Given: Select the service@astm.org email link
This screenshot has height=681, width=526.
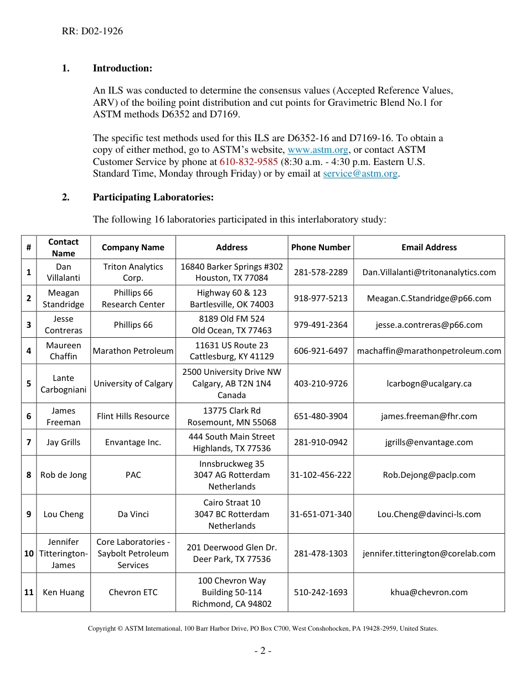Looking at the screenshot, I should coord(360,173).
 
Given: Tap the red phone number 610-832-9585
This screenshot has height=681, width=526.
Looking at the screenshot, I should coord(249,162).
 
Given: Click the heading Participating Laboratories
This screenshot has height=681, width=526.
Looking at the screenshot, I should coord(153,197).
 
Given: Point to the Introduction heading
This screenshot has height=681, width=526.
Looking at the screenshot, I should coord(122,68).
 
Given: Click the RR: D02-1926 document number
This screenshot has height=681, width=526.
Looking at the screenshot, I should coord(92,31).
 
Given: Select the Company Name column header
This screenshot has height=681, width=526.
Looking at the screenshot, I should coord(133,247).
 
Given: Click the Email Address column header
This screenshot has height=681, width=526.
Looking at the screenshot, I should coord(429,247).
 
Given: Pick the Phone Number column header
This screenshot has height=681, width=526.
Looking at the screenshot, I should coord(321,247).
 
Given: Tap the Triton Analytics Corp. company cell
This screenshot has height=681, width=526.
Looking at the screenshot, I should coord(133,272).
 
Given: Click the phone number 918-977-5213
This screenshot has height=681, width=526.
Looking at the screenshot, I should coord(321,298).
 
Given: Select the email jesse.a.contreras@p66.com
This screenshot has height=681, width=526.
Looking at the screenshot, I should coord(429,325).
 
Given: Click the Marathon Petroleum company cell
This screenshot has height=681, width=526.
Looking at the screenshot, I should coord(133,351).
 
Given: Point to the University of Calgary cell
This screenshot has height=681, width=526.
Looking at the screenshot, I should coord(133,384).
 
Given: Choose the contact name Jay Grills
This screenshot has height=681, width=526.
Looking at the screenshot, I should coord(63,442).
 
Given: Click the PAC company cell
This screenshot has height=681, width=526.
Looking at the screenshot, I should coord(133,475).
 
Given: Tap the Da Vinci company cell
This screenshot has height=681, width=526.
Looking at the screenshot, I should coord(133,514).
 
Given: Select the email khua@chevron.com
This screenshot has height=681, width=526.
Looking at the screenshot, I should coord(429,592).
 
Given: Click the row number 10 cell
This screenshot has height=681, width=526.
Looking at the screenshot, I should coord(29,554).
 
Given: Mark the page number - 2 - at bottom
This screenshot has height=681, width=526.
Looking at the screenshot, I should coord(262,651).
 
